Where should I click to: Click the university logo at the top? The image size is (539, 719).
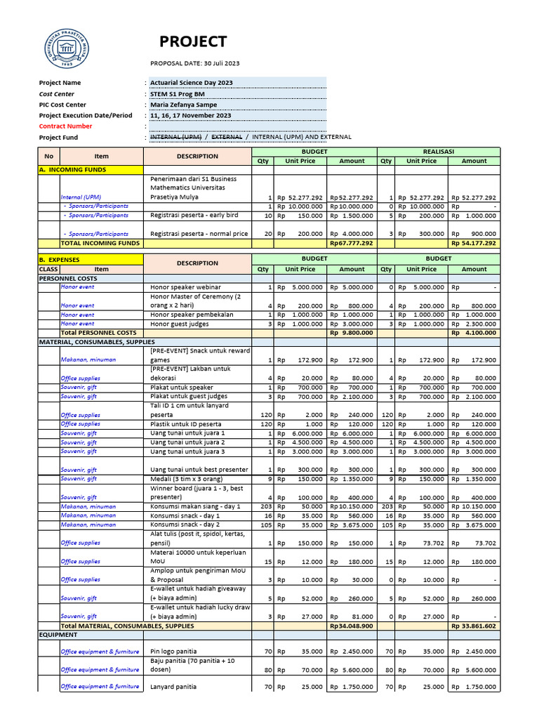pyautogui.click(x=68, y=49)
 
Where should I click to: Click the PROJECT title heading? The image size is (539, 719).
pyautogui.click(x=192, y=41)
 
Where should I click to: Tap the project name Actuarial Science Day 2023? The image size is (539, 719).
pyautogui.click(x=191, y=83)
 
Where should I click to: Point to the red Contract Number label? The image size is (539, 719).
pyautogui.click(x=65, y=126)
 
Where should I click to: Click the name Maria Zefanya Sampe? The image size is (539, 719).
pyautogui.click(x=183, y=105)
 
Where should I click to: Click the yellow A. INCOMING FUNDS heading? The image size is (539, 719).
pyautogui.click(x=71, y=170)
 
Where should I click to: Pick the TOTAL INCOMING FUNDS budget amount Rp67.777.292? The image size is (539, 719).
pyautogui.click(x=352, y=244)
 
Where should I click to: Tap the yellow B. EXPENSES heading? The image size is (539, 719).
pyautogui.click(x=60, y=260)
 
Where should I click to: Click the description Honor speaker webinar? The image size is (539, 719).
pyautogui.click(x=185, y=287)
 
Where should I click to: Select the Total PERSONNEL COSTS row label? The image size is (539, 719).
pyautogui.click(x=98, y=333)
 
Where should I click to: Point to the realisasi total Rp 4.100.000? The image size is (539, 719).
pyautogui.click(x=474, y=333)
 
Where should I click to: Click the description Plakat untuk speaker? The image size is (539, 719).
pyautogui.click(x=182, y=388)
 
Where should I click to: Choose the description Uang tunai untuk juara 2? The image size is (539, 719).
pyautogui.click(x=187, y=443)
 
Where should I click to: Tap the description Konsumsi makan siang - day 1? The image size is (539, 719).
pyautogui.click(x=195, y=506)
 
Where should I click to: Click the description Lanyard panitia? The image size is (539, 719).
pyautogui.click(x=173, y=687)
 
